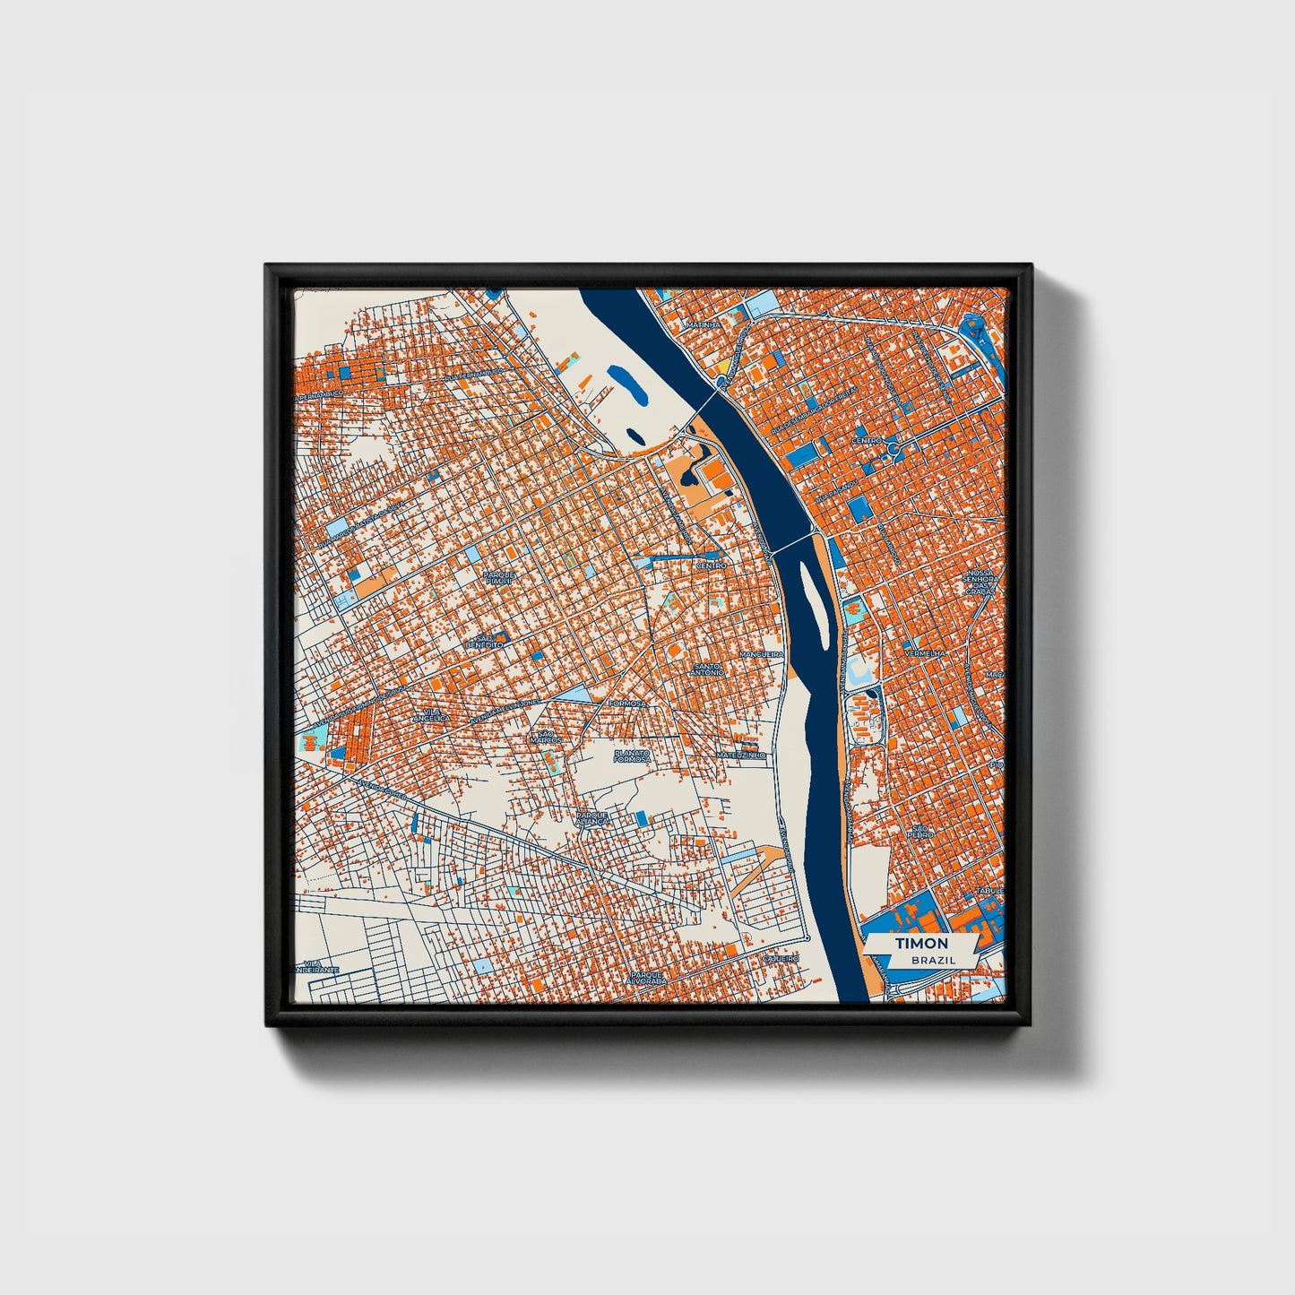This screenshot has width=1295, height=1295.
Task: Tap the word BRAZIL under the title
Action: pos(931,960)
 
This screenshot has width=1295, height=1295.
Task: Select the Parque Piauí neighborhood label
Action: pos(497,577)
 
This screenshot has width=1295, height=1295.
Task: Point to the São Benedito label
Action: pos(485,641)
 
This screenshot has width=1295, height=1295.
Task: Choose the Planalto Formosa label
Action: pos(632,755)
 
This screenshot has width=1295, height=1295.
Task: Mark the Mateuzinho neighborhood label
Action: pos(741,755)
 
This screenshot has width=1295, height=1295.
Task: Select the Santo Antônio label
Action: pos(708,669)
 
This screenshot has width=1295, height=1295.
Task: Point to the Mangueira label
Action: pos(761,655)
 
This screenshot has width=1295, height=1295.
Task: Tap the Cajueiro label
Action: pos(779,958)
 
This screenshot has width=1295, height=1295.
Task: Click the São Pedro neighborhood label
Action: pos(920,832)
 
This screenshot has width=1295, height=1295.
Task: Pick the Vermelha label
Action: pos(926,654)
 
